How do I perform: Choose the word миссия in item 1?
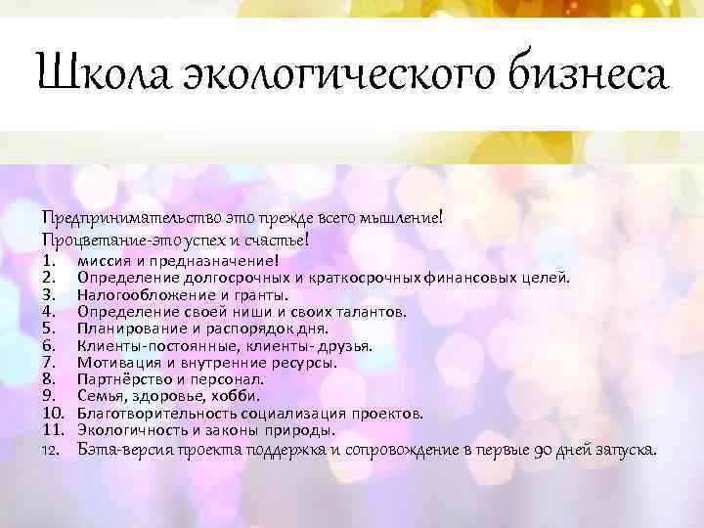(105, 260)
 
